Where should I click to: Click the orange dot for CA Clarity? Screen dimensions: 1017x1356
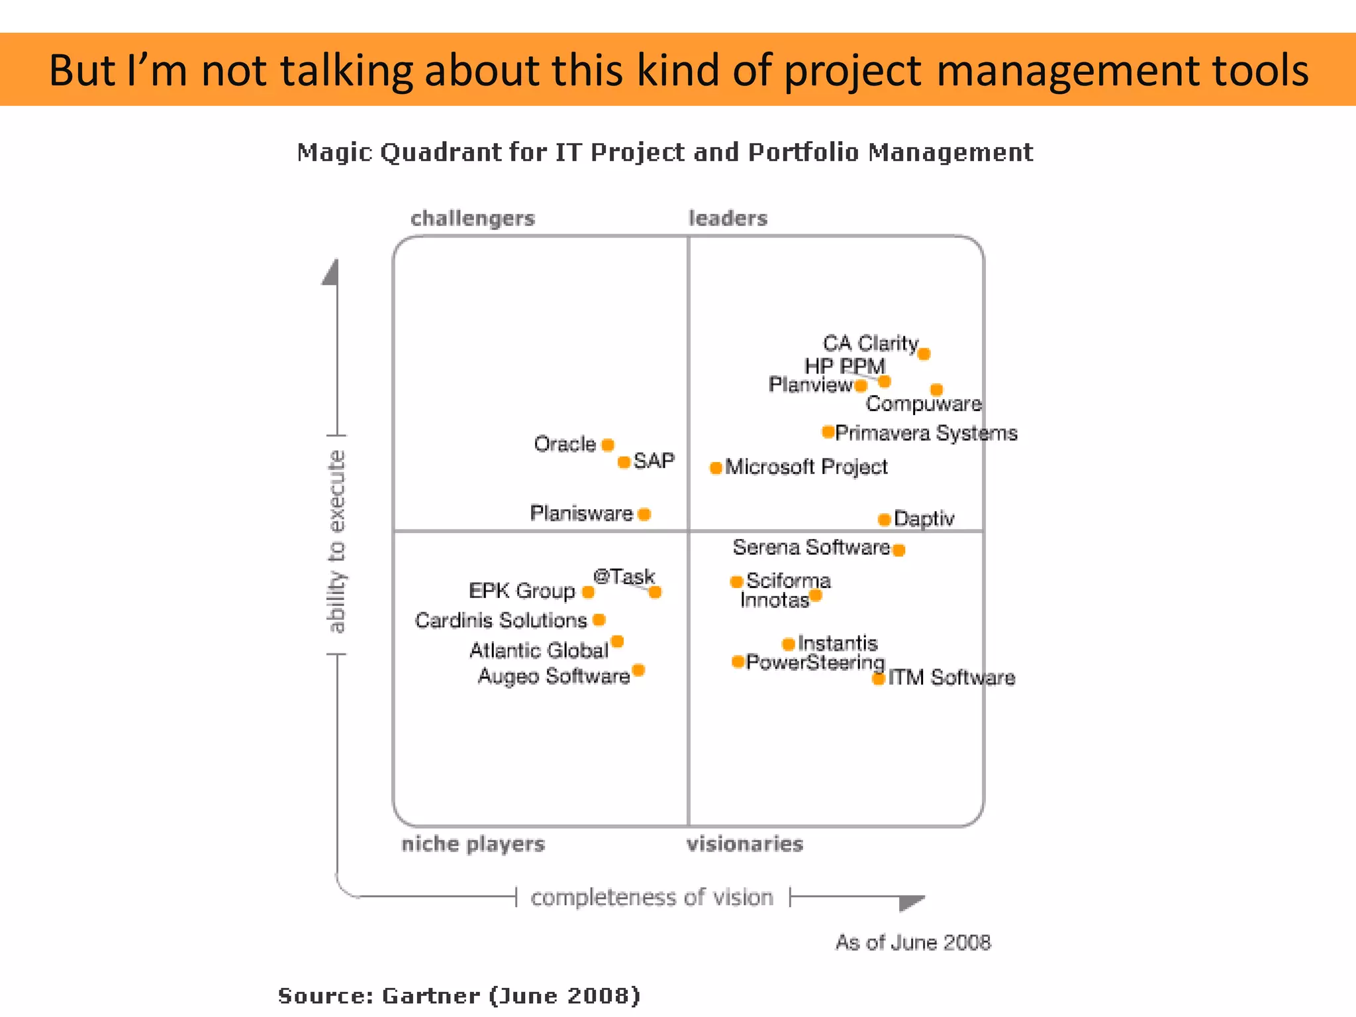(x=924, y=354)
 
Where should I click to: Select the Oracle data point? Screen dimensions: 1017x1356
(x=608, y=445)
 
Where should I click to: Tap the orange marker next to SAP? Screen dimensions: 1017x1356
(x=624, y=462)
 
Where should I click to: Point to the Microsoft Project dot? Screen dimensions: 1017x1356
(x=716, y=468)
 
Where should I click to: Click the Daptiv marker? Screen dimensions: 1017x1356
(x=884, y=520)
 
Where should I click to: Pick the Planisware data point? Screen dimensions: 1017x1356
(x=644, y=514)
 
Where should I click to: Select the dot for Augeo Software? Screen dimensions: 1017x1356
(x=638, y=671)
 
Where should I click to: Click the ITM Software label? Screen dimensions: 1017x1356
(x=951, y=677)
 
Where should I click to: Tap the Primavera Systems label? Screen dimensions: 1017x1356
(x=926, y=433)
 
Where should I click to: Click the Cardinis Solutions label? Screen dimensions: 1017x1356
(x=501, y=620)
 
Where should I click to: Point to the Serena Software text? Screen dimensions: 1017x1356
(x=811, y=548)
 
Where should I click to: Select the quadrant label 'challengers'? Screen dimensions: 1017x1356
(x=472, y=218)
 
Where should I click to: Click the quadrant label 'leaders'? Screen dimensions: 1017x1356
(x=728, y=218)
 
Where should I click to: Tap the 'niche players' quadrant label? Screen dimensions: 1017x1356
(x=473, y=844)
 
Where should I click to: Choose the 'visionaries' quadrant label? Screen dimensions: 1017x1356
(x=744, y=844)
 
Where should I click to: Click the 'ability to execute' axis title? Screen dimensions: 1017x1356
(x=337, y=542)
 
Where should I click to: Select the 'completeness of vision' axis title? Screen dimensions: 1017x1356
(x=652, y=898)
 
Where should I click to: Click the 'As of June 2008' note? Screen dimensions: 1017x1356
(x=912, y=942)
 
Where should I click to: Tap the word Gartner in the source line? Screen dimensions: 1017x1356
(x=431, y=996)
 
